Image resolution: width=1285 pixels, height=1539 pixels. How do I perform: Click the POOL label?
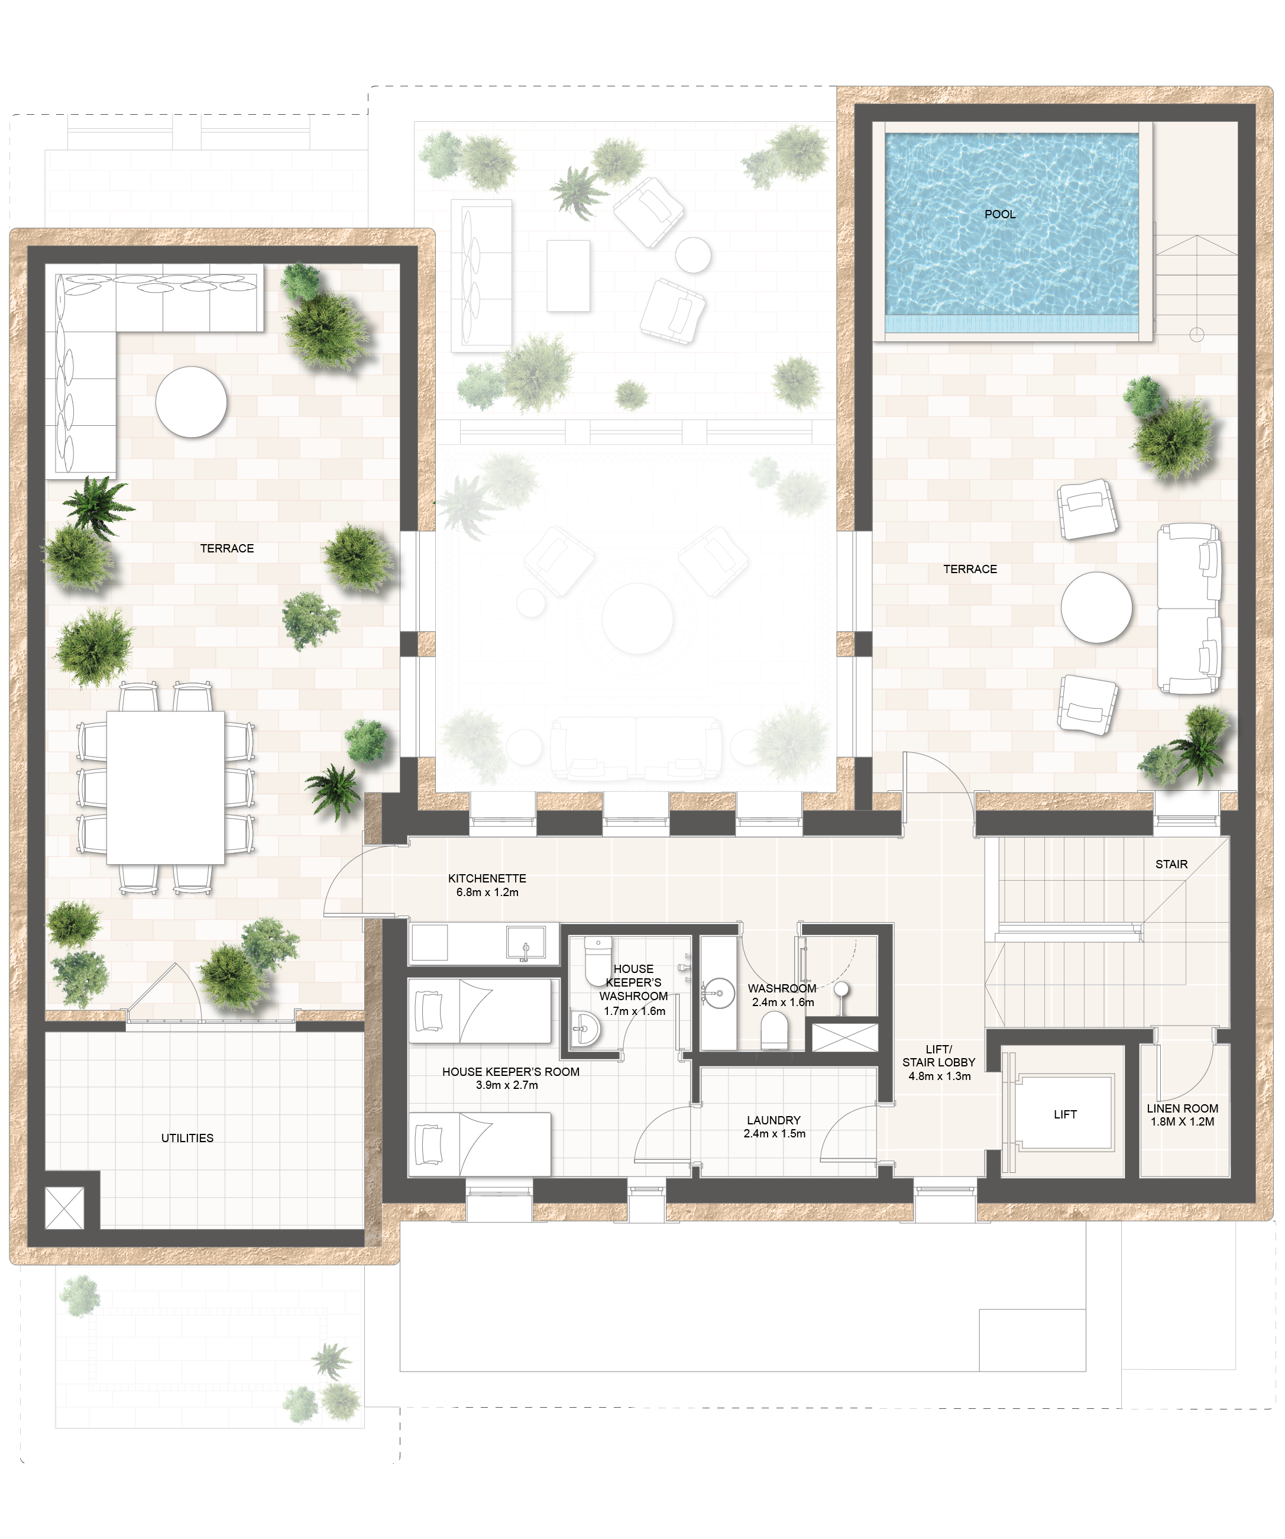click(x=1000, y=214)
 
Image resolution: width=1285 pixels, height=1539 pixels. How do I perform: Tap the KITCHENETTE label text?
click(x=487, y=878)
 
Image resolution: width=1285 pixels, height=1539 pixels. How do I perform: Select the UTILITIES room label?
click(x=187, y=1138)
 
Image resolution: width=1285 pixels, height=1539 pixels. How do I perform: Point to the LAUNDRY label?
click(x=773, y=1120)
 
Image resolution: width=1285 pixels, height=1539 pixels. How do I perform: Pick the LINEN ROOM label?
click(x=1183, y=1108)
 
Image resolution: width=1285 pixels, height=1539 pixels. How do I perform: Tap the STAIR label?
click(x=1171, y=864)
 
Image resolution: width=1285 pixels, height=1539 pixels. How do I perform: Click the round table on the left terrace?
click(x=191, y=402)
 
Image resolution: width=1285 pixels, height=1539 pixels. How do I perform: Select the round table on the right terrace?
click(x=1097, y=607)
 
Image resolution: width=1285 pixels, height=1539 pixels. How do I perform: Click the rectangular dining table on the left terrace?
click(x=166, y=788)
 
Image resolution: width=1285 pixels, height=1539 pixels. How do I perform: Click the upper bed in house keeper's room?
click(x=479, y=1011)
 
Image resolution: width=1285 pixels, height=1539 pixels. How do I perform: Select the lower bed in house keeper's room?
click(x=479, y=1143)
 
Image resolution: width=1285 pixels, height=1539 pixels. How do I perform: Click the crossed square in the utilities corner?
click(x=64, y=1208)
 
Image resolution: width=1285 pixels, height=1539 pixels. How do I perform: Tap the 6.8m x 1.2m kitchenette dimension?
click(x=487, y=893)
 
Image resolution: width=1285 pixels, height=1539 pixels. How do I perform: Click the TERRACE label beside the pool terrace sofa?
click(x=970, y=569)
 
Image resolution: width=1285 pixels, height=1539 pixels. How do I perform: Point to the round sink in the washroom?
click(x=718, y=994)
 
